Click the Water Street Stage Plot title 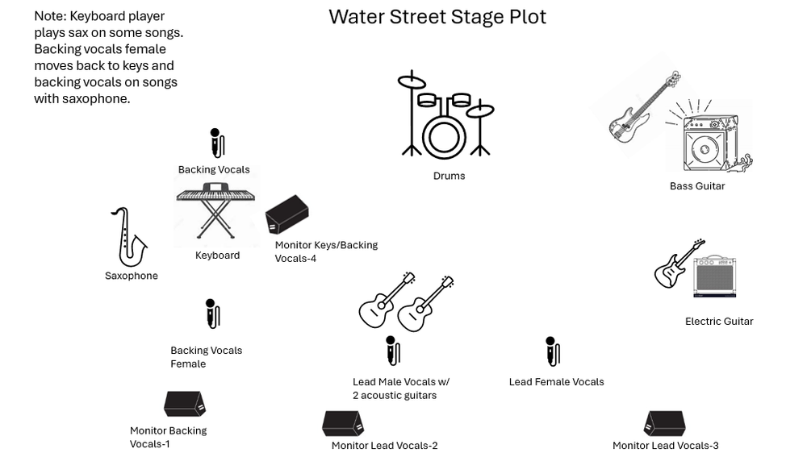[x=437, y=17]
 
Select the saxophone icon [x=128, y=238]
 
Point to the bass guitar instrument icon [x=643, y=108]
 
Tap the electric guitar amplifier [x=715, y=276]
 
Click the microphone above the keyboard [x=216, y=143]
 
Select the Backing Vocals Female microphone [x=212, y=314]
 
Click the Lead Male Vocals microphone [x=392, y=351]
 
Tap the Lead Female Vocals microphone [x=552, y=351]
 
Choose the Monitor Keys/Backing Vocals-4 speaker [x=286, y=214]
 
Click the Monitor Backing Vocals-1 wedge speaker [x=185, y=404]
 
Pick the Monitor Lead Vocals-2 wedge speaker [x=343, y=423]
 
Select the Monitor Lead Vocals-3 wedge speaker [x=664, y=423]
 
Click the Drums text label [x=449, y=176]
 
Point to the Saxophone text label [x=131, y=276]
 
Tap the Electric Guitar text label [x=718, y=321]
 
